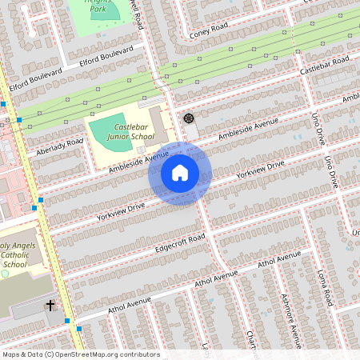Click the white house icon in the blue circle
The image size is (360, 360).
(179, 173)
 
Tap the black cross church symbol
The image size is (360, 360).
(50, 306)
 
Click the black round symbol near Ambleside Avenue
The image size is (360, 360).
(189, 118)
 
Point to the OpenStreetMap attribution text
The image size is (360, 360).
(80, 354)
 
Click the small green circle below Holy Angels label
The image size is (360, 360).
(4, 274)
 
